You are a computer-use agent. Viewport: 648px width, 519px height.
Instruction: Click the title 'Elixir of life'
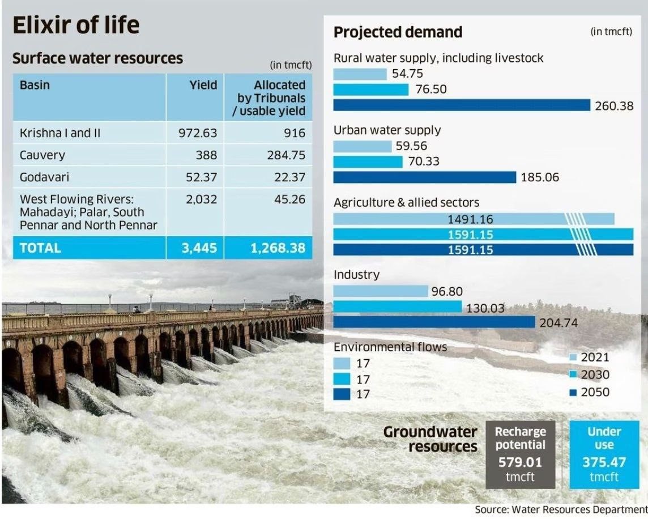[76, 26]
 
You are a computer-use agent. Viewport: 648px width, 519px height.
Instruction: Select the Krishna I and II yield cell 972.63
[194, 133]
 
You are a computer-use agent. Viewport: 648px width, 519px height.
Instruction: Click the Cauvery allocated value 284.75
[286, 155]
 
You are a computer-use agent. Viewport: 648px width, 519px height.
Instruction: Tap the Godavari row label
[45, 177]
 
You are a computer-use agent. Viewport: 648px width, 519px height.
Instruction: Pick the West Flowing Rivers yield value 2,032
[201, 199]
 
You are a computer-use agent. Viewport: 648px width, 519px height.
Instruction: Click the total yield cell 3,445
[199, 248]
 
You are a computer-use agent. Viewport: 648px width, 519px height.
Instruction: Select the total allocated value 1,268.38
[278, 248]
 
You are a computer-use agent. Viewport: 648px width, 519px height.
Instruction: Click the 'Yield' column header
[203, 85]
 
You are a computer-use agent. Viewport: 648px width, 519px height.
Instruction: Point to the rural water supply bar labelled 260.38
[462, 105]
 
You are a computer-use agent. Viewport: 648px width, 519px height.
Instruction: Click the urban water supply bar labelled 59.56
[362, 146]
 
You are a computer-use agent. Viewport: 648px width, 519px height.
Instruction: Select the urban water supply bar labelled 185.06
[425, 177]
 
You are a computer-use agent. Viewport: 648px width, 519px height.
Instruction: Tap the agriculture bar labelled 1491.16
[474, 219]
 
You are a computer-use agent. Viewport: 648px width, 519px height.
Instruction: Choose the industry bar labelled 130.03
[398, 307]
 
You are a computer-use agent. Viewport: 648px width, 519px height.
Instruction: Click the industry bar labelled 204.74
[434, 322]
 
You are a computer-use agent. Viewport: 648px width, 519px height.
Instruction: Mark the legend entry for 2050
[589, 392]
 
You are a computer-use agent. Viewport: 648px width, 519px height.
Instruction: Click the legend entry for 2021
[589, 358]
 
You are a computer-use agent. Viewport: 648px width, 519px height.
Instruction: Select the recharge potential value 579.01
[520, 462]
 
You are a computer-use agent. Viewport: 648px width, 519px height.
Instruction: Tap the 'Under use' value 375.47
[604, 462]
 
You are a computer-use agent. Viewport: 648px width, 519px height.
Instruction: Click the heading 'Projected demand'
[398, 32]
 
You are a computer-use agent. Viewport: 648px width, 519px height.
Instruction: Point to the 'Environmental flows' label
[390, 347]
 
